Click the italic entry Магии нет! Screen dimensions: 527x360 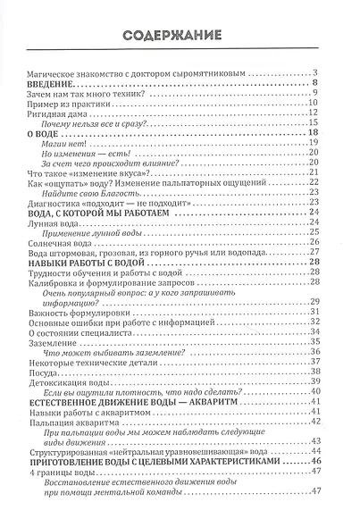click(82, 144)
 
